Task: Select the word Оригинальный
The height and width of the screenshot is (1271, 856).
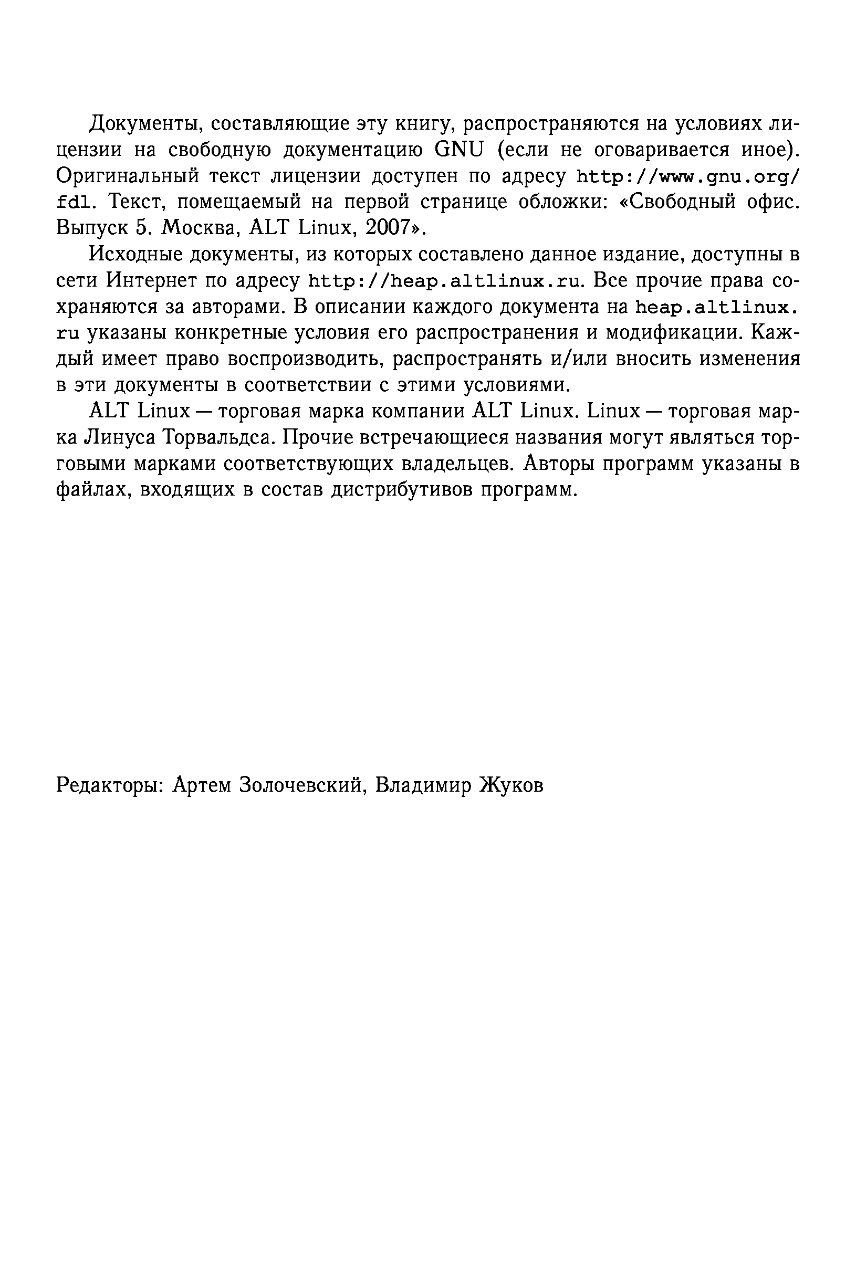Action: click(x=125, y=176)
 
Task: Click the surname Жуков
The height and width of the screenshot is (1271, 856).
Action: click(x=511, y=785)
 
